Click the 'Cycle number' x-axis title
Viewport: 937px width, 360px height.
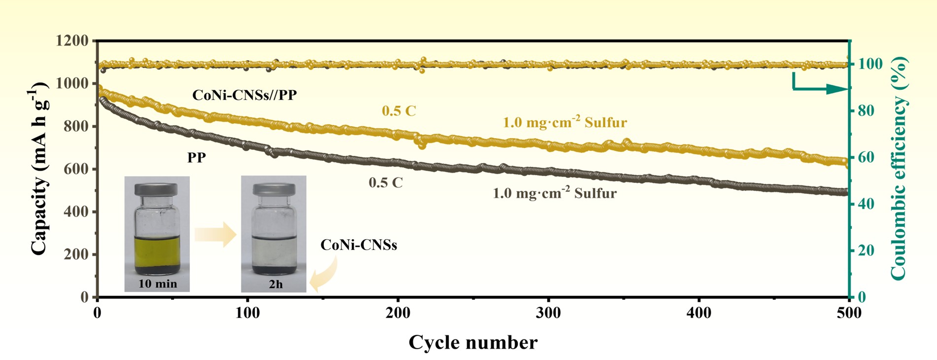point(473,342)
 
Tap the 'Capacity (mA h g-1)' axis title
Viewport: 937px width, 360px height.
point(39,170)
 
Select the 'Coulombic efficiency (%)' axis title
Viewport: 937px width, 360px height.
point(898,168)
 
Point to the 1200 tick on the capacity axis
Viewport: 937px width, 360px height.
point(72,40)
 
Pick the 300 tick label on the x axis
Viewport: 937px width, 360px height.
point(548,313)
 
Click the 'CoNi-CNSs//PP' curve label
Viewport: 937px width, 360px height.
point(244,95)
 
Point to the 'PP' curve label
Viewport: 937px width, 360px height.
point(196,158)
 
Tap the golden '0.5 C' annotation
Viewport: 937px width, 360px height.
point(399,111)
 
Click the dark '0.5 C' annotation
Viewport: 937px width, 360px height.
point(385,183)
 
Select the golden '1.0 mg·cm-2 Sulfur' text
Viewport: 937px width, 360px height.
point(564,122)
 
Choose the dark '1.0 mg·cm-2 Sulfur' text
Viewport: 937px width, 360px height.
point(555,193)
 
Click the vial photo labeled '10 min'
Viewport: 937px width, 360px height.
point(157,233)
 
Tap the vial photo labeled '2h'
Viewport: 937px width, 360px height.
point(274,233)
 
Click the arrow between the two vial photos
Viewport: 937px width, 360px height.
point(215,234)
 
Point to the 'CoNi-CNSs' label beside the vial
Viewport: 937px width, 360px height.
point(358,245)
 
